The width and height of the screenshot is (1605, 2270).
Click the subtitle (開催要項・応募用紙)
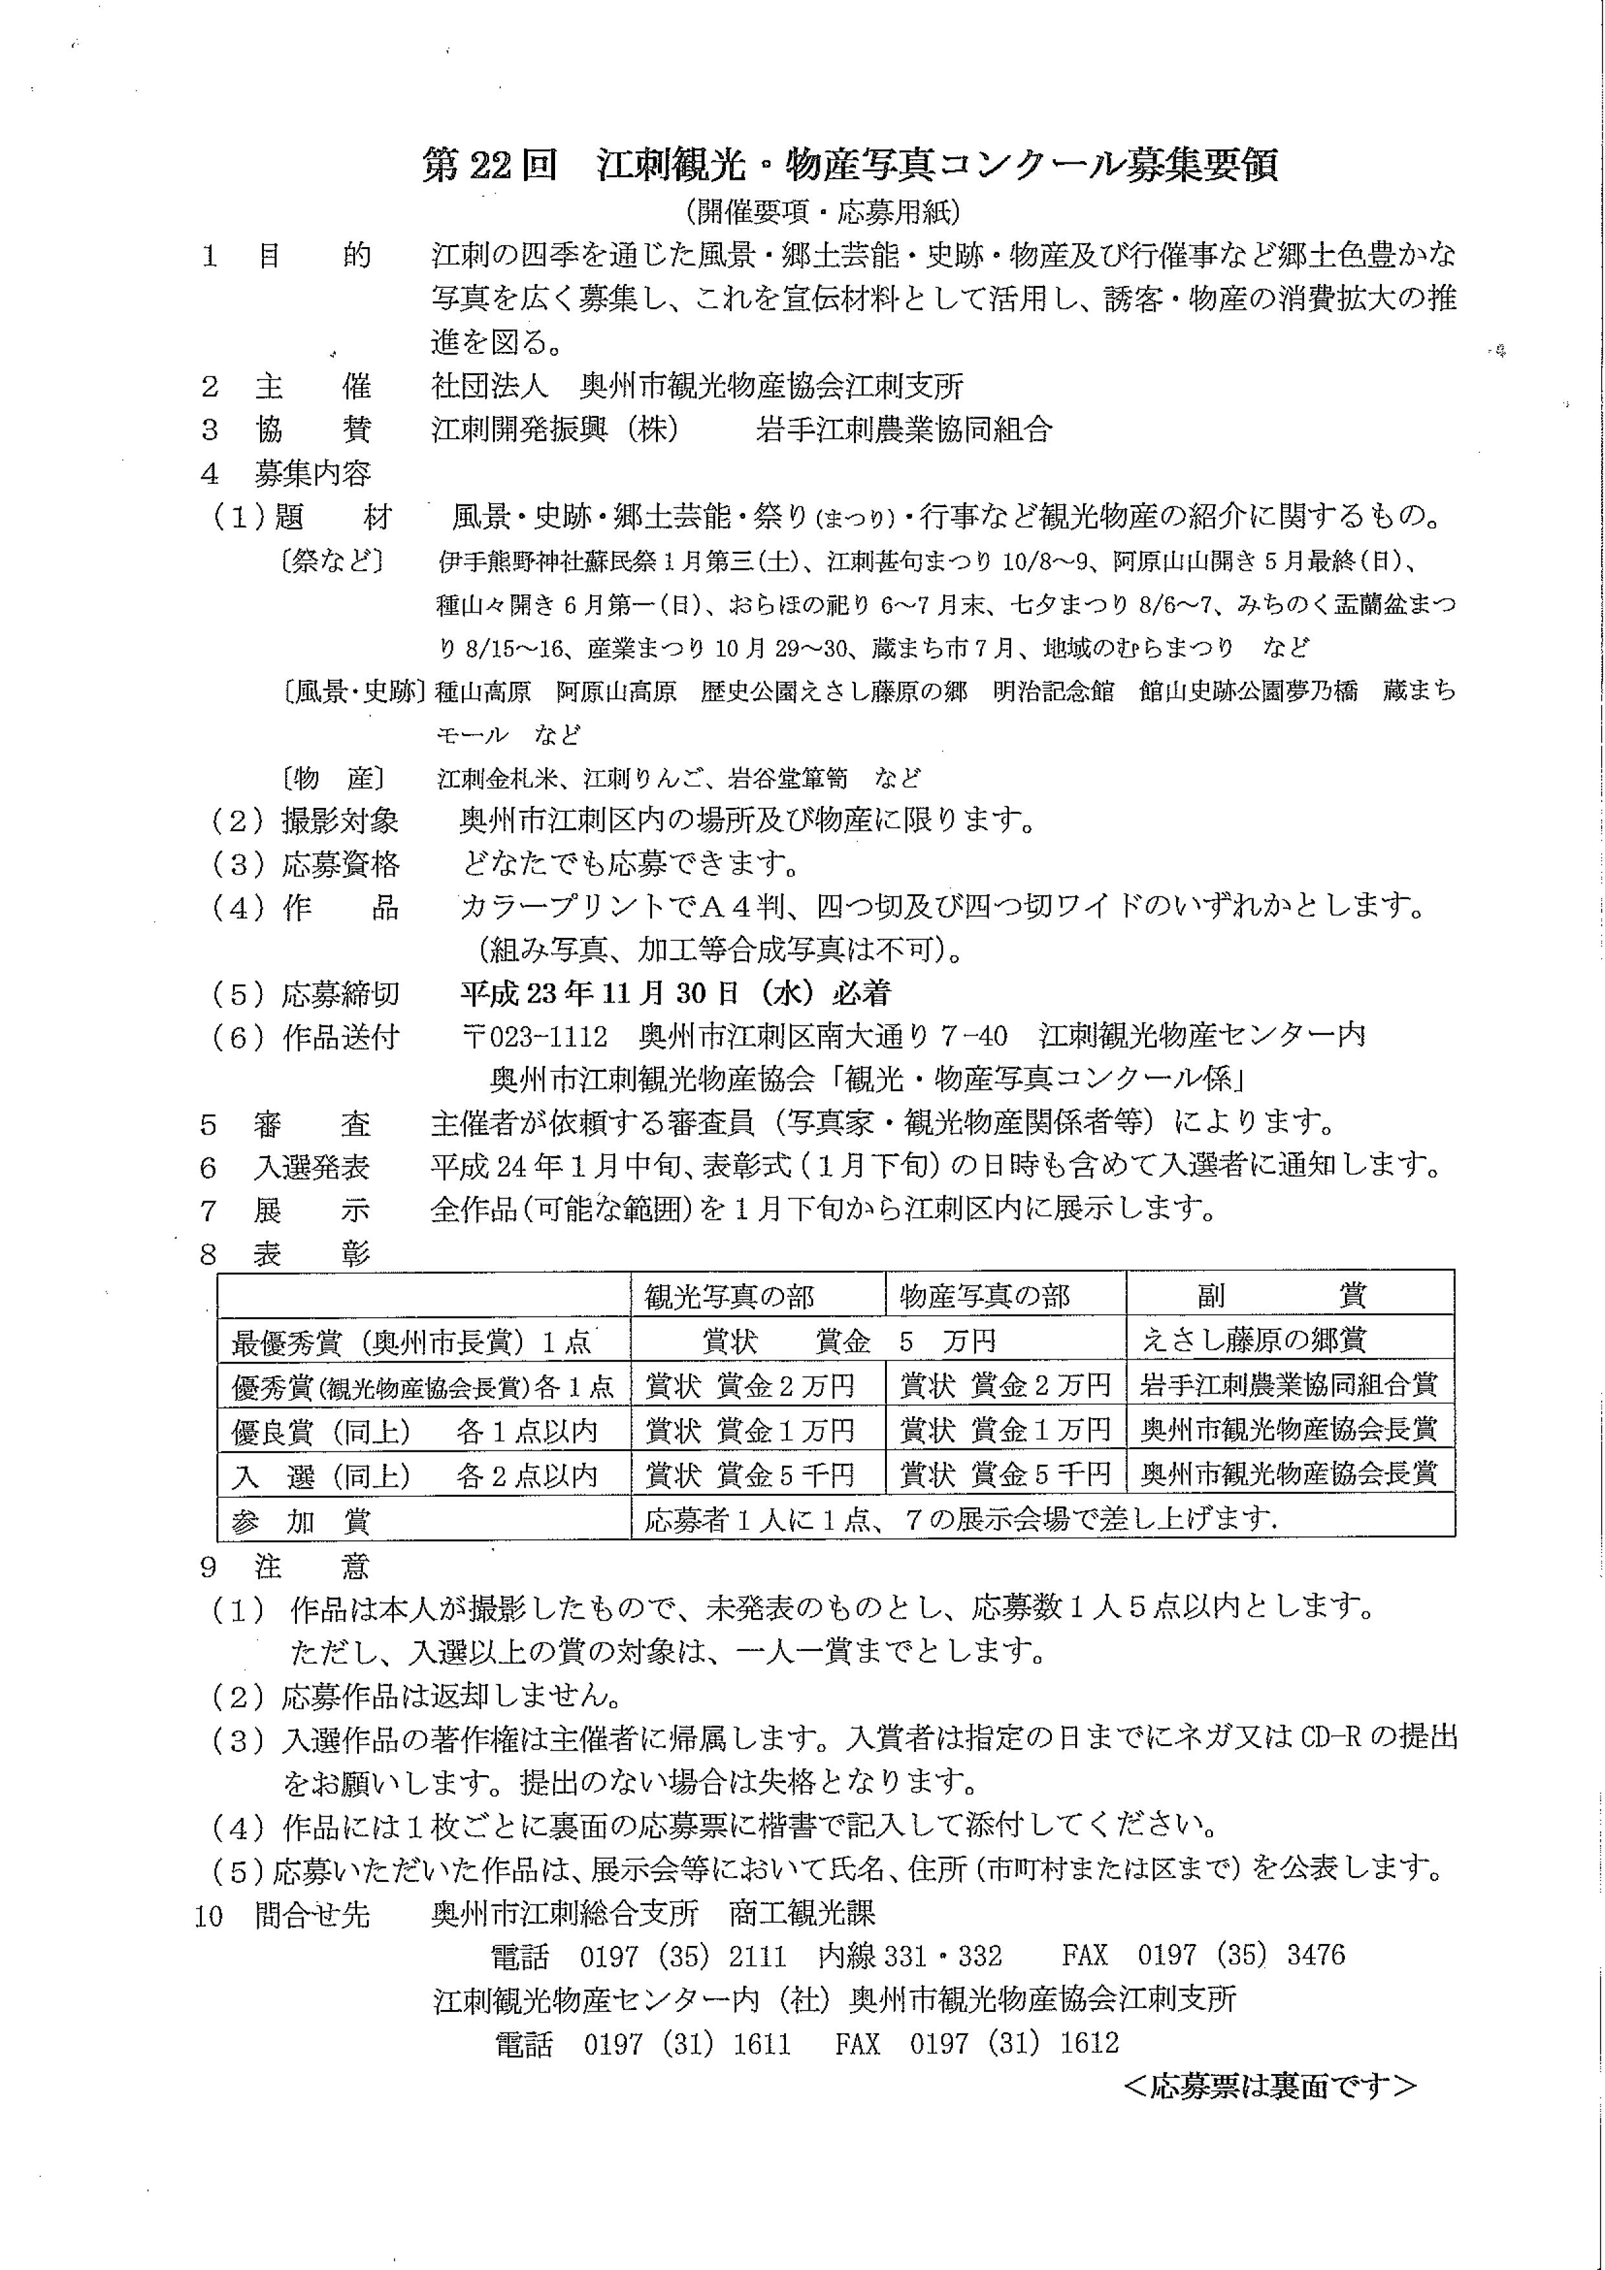point(822,212)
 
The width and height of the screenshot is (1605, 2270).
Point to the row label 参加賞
point(301,1521)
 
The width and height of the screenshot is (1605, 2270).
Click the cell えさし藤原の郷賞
point(1254,1340)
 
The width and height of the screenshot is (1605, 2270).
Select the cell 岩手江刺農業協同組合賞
point(1287,1385)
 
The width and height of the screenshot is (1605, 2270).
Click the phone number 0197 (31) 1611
point(686,2044)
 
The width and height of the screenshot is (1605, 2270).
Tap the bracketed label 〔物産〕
point(333,778)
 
